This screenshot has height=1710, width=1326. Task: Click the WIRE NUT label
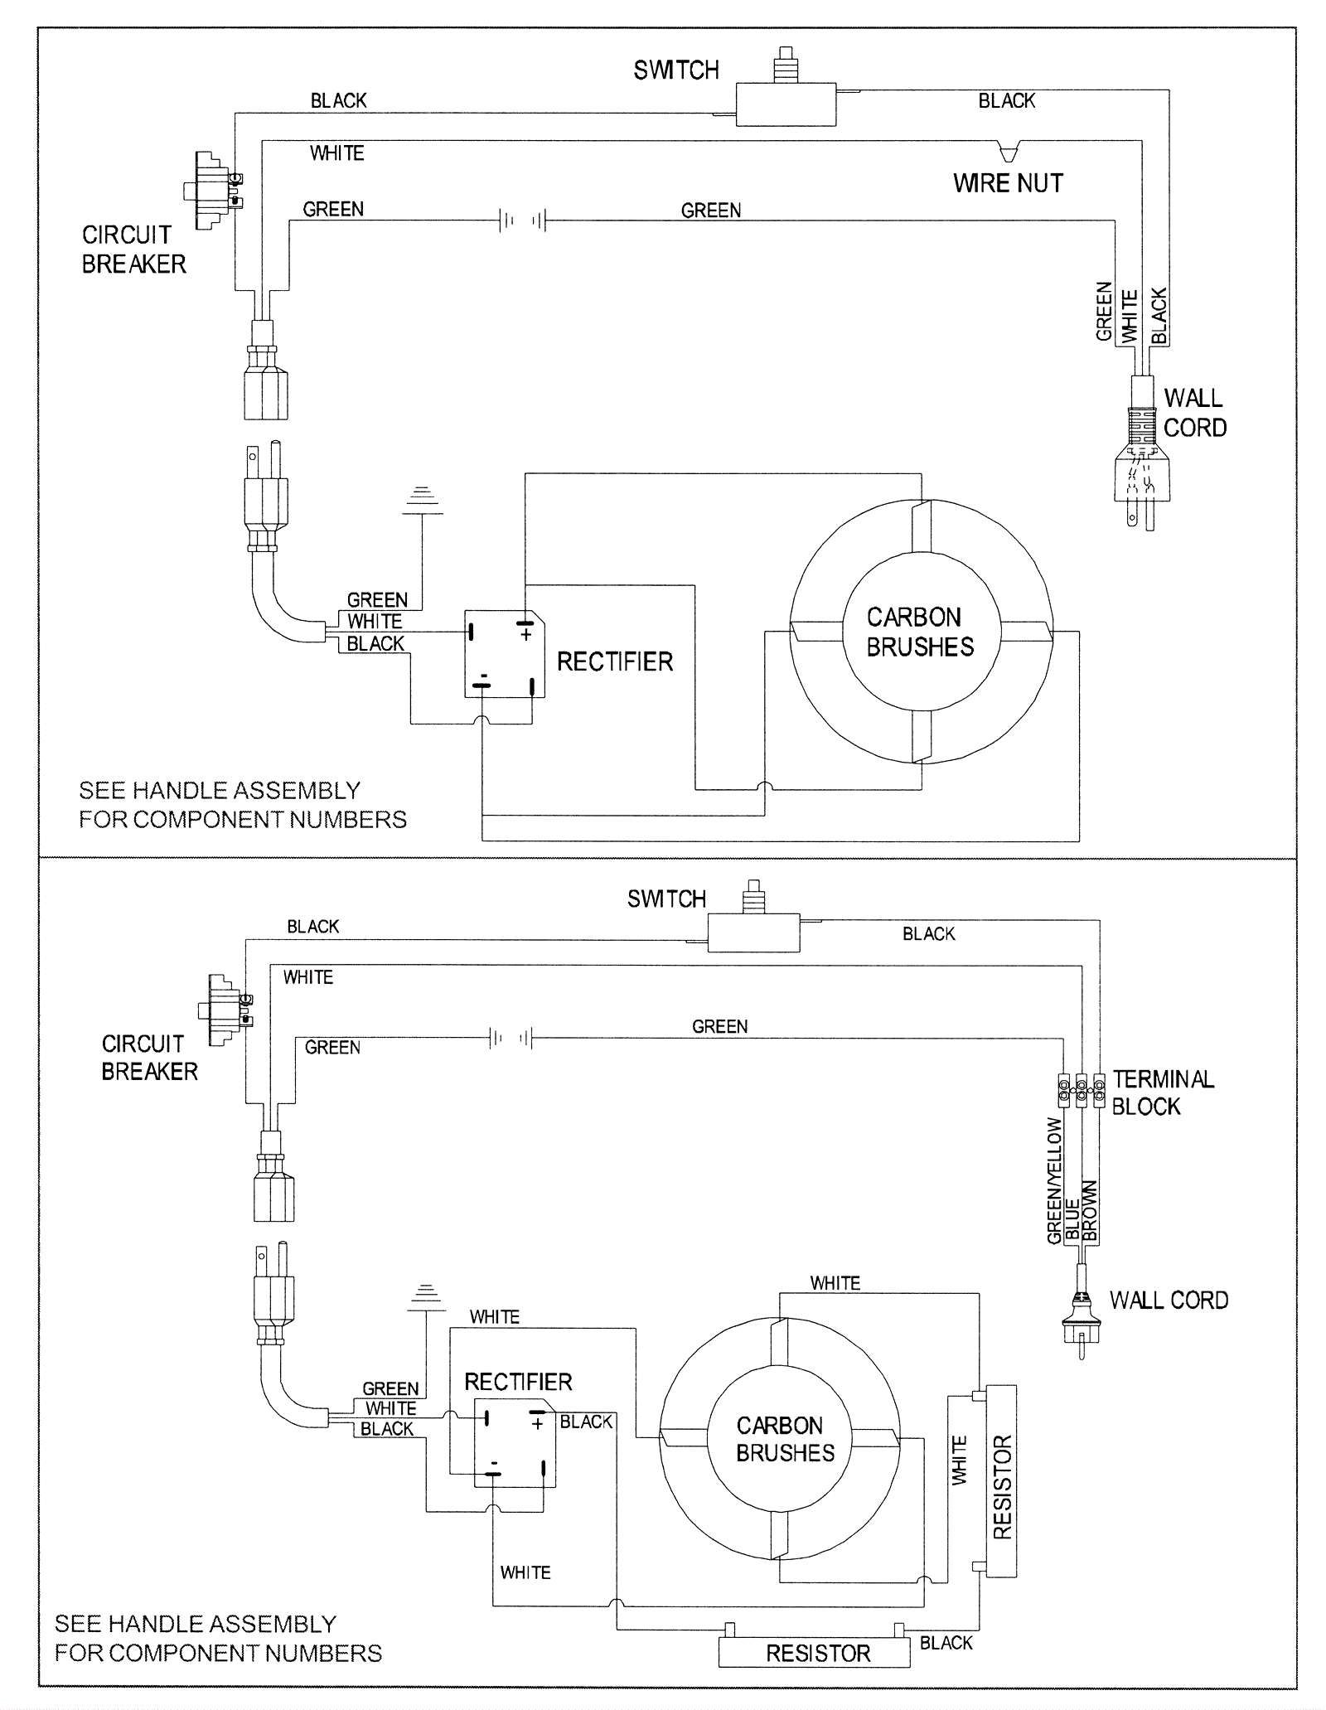pos(1008,183)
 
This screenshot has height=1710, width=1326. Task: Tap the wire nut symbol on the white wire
pos(1009,152)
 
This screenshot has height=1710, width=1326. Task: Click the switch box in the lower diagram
pos(753,933)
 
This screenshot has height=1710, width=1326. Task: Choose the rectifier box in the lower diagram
pos(515,1443)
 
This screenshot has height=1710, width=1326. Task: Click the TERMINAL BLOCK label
pos(1163,1092)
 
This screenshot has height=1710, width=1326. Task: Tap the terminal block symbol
pos(1082,1091)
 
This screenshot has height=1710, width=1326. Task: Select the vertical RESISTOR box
pos(1002,1481)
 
